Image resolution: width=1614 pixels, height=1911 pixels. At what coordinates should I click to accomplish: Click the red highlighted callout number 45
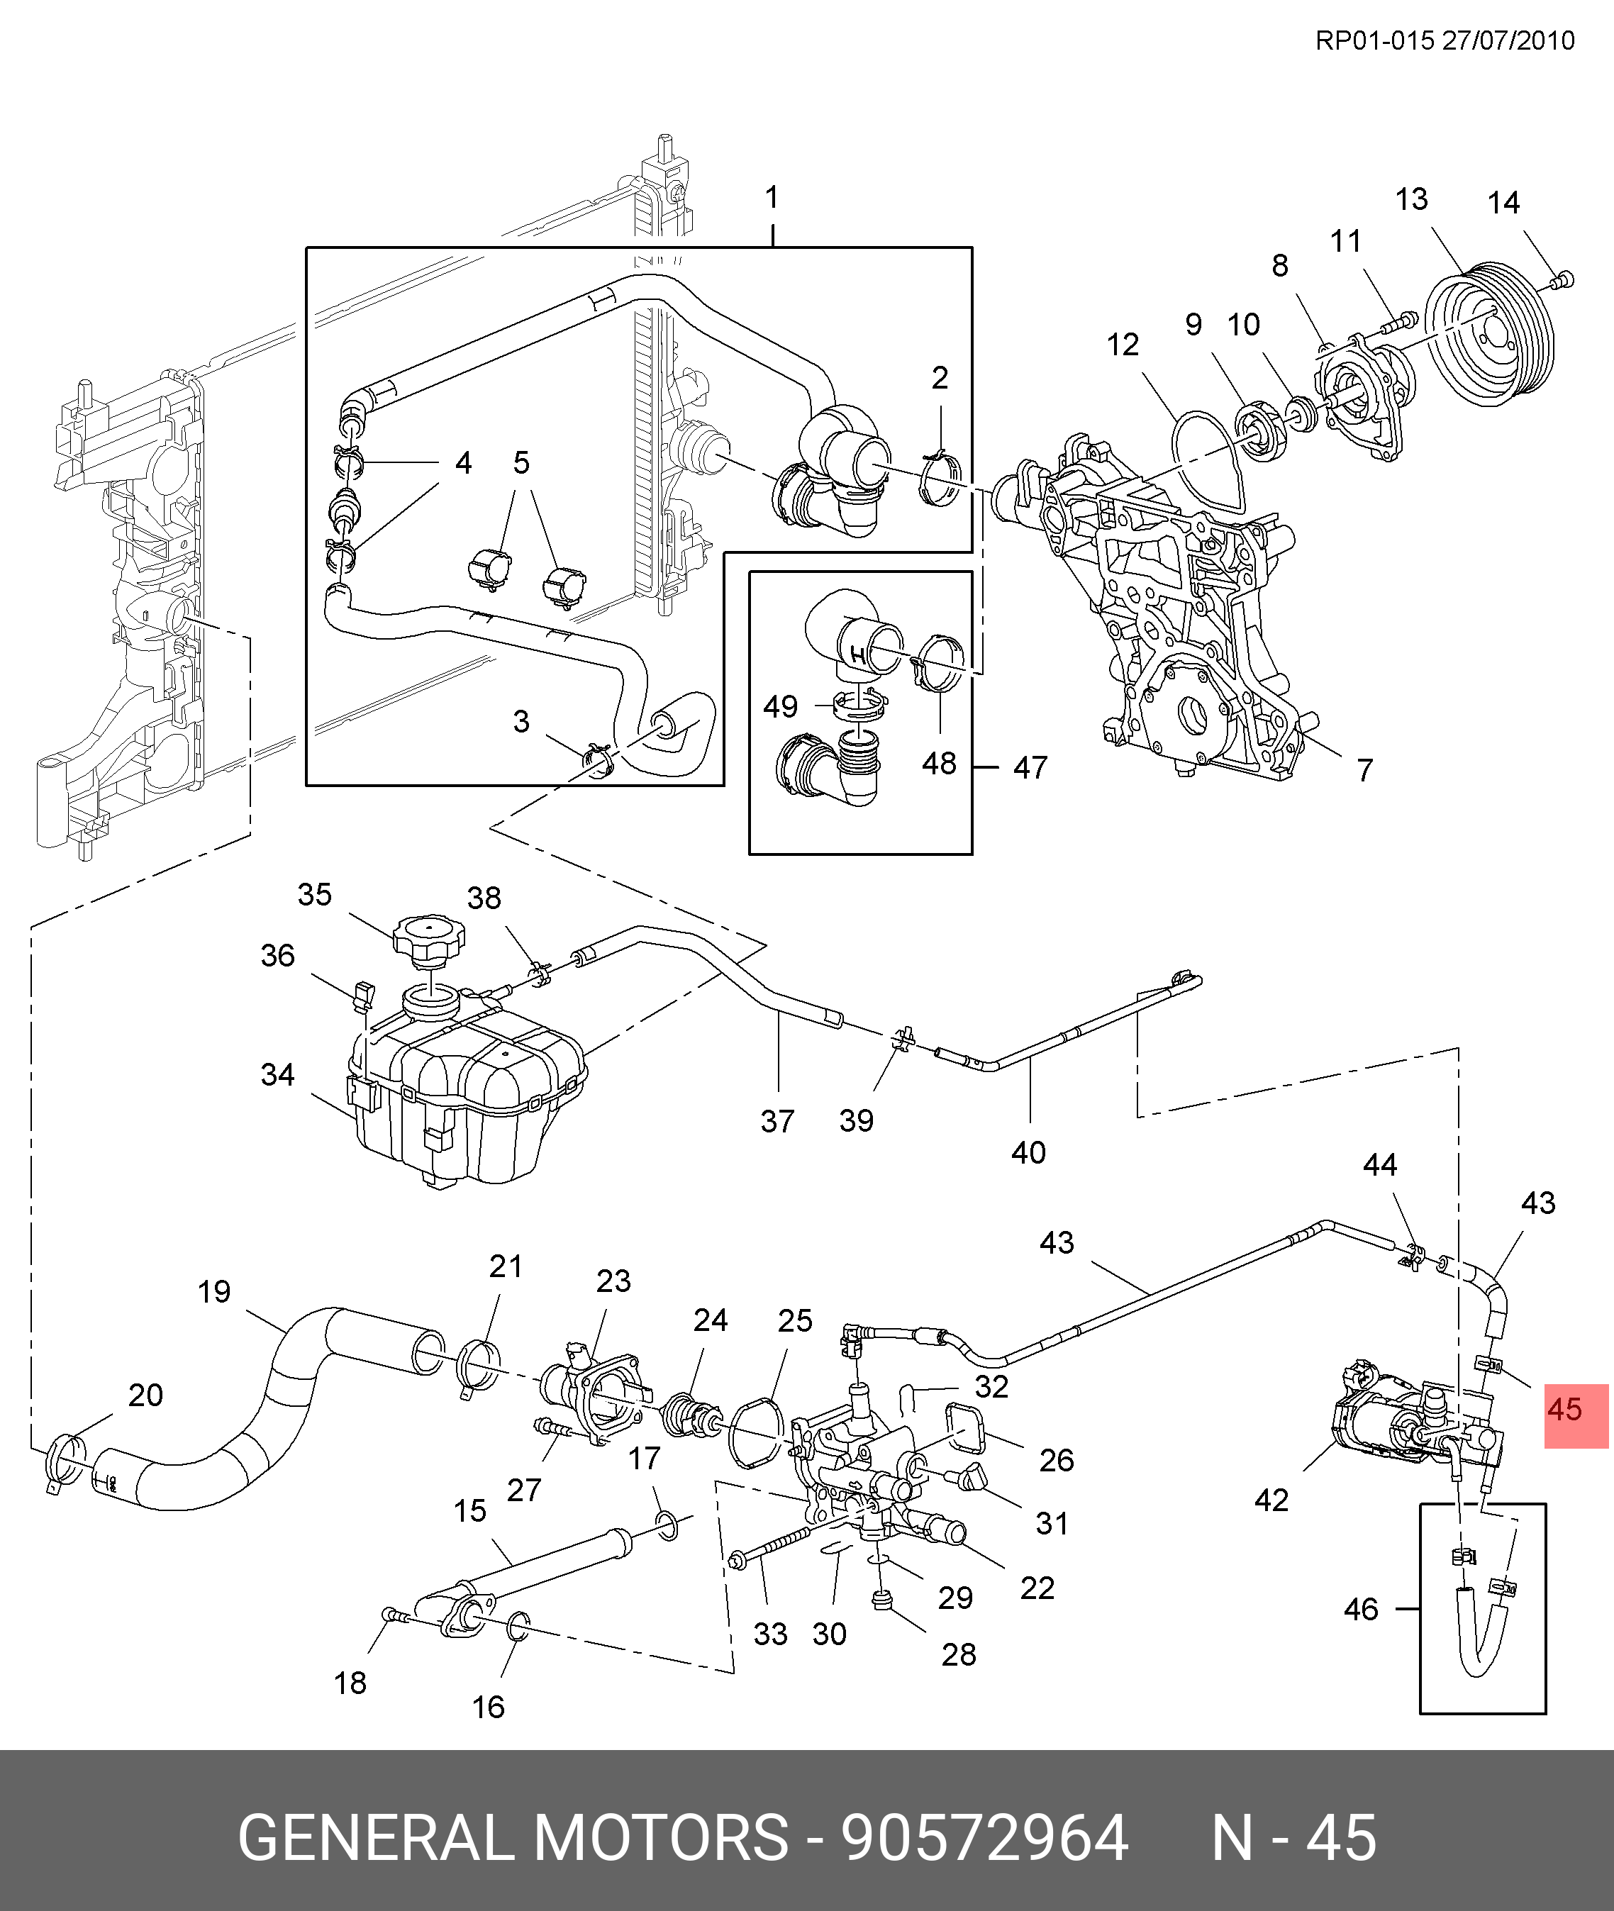[1564, 1410]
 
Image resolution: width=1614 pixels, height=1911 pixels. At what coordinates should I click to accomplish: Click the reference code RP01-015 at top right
[1374, 41]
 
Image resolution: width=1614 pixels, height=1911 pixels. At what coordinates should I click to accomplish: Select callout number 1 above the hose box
[772, 198]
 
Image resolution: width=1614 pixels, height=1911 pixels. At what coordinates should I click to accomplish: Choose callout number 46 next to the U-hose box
[1361, 1609]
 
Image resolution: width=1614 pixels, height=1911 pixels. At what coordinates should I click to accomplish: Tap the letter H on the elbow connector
[857, 655]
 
